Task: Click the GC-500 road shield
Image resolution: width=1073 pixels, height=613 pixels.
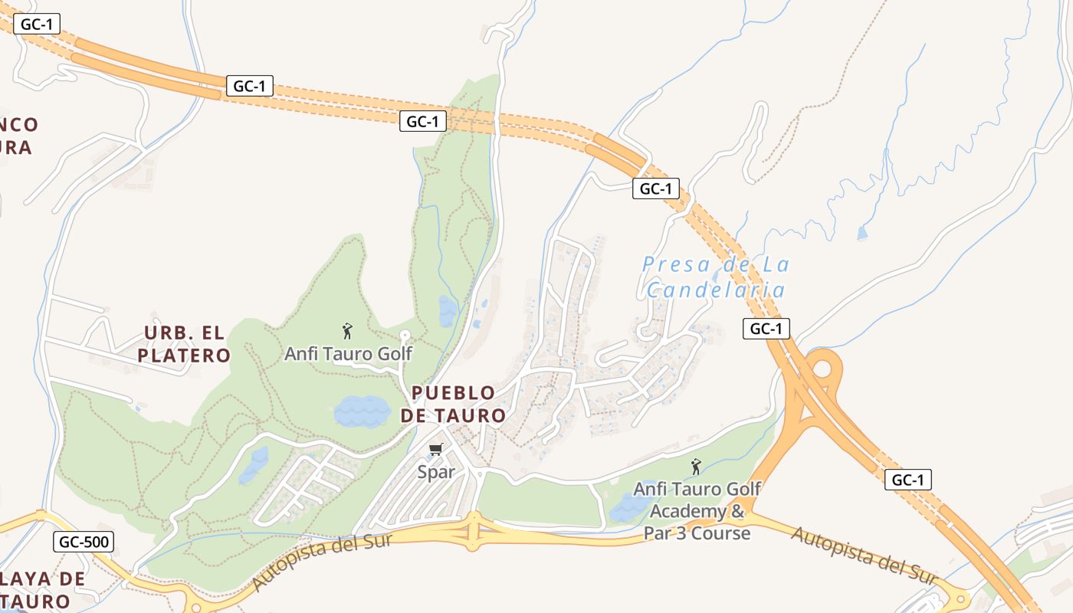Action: (x=84, y=543)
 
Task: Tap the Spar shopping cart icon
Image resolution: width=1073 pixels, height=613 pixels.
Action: (x=436, y=449)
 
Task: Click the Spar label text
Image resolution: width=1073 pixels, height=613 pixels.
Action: (x=436, y=472)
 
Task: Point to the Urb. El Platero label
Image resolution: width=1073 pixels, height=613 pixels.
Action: (x=186, y=344)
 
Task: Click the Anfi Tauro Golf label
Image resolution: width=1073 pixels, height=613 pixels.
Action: (x=348, y=354)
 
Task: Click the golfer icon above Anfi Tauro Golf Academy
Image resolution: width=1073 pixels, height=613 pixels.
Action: (x=696, y=466)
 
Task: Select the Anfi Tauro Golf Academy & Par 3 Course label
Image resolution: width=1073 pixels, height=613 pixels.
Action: (x=697, y=510)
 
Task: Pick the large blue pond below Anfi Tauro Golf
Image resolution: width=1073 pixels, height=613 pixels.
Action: (x=362, y=411)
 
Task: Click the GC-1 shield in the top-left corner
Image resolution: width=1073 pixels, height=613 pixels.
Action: (x=36, y=24)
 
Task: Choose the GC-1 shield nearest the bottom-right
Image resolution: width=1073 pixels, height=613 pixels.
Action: (x=908, y=480)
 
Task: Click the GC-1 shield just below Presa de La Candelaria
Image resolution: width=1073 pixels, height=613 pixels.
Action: (x=766, y=329)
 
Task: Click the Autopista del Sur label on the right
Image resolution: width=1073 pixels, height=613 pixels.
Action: (x=865, y=554)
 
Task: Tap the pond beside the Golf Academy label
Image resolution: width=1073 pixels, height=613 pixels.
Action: (x=630, y=507)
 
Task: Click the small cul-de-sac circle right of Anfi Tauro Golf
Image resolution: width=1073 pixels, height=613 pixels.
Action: (x=405, y=336)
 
